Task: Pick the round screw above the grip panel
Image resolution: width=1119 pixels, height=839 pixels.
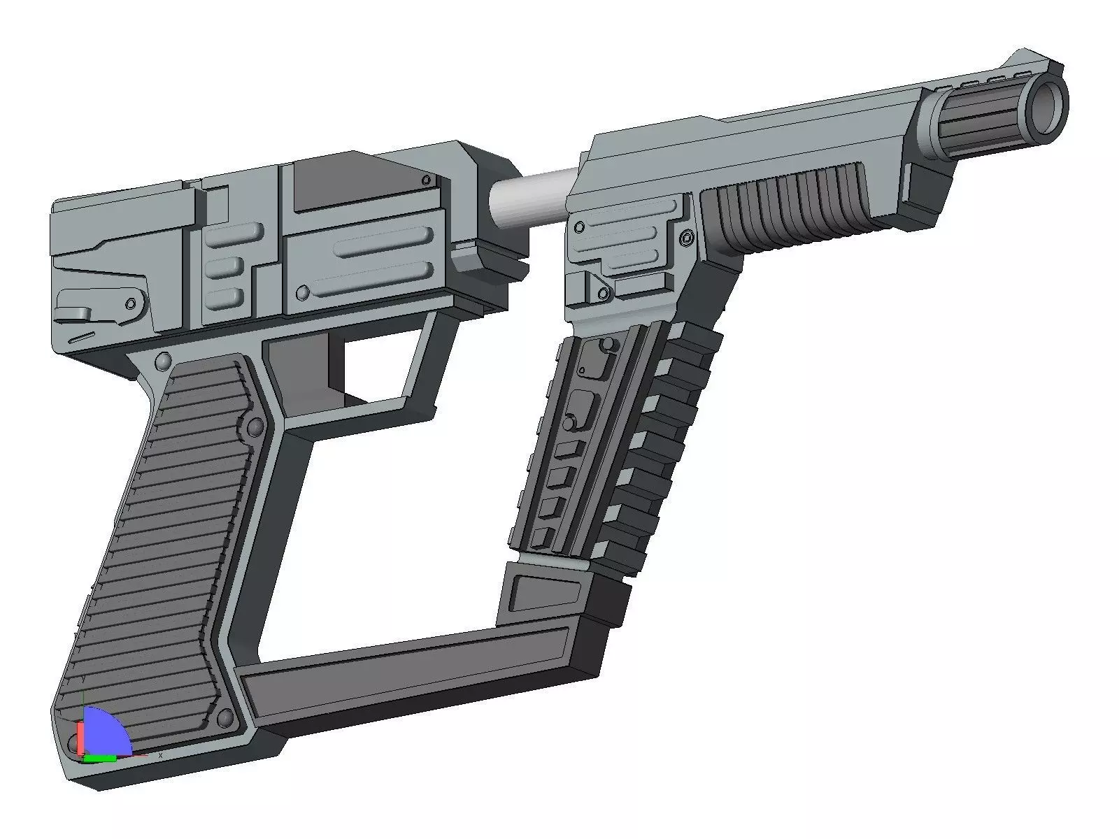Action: [162, 361]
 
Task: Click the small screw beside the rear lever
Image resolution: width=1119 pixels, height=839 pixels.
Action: [130, 304]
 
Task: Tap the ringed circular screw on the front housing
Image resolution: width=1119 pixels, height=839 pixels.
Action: [687, 239]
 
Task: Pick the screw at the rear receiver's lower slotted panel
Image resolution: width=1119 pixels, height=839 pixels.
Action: [302, 292]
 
